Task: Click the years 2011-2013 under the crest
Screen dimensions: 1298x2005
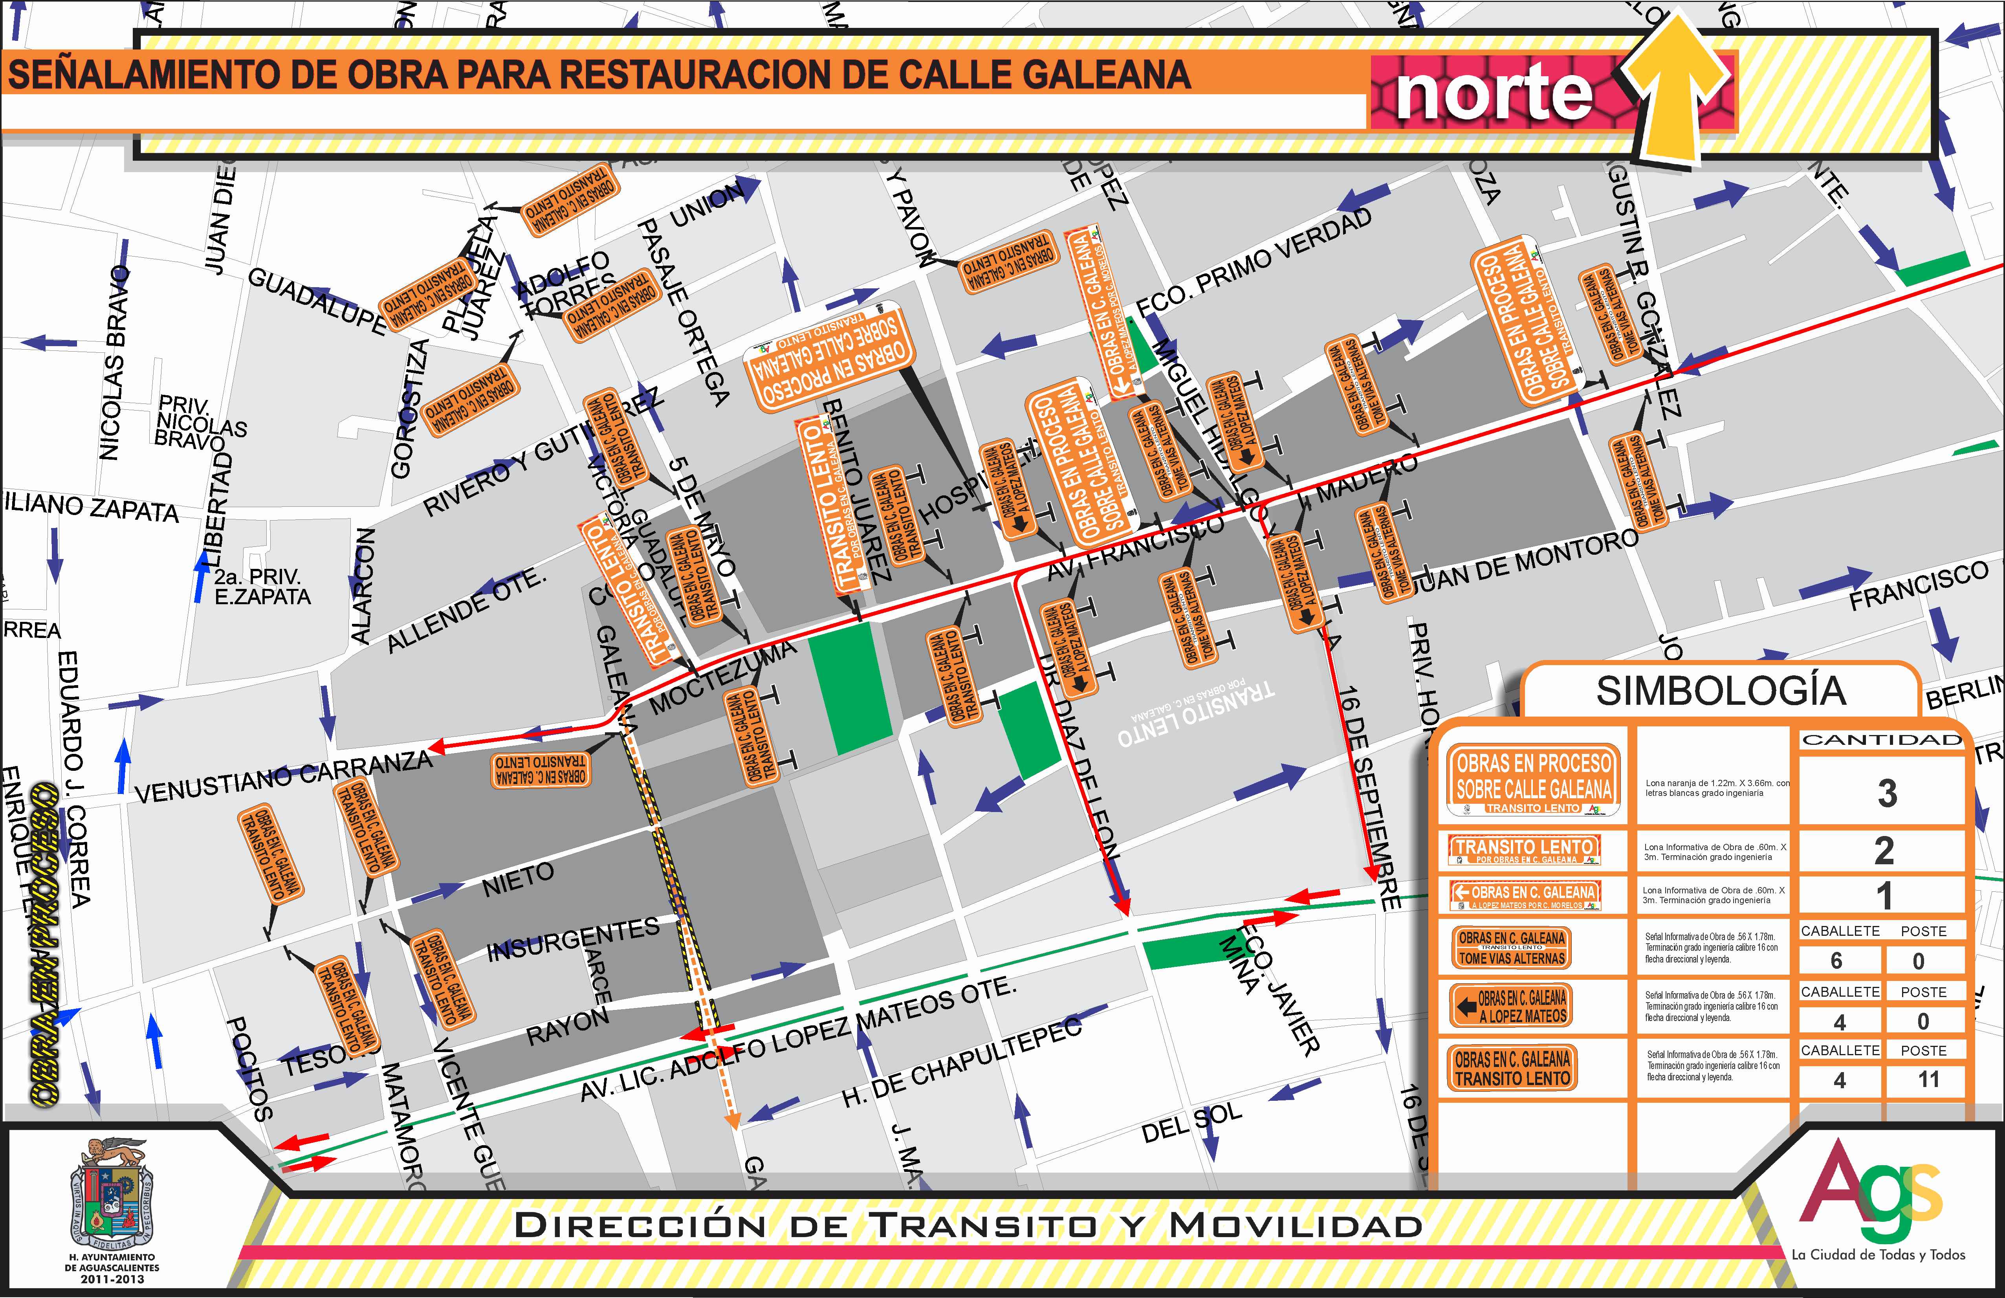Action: click(112, 1279)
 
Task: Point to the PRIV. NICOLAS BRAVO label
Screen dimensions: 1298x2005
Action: click(200, 420)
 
